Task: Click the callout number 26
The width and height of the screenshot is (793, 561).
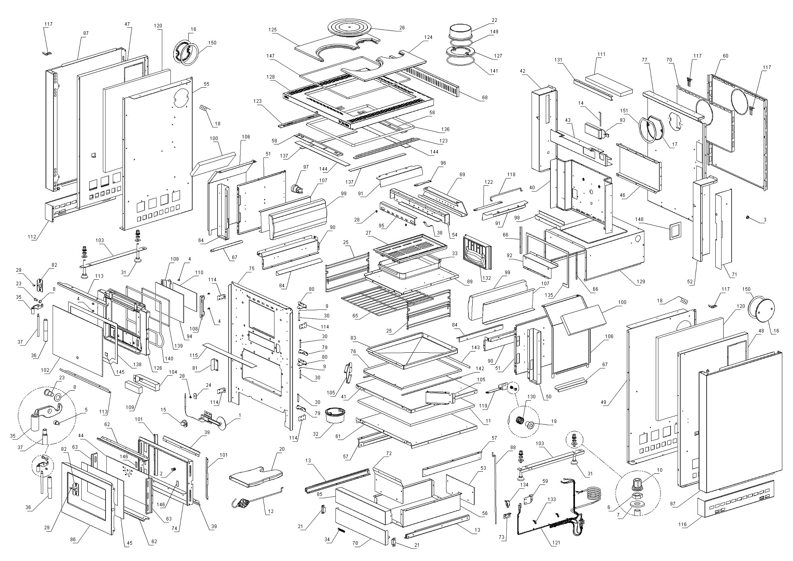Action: pos(402,28)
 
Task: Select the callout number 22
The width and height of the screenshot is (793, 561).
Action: pos(494,20)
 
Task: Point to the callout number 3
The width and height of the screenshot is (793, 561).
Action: pos(765,220)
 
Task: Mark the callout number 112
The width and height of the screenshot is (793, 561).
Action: pos(32,237)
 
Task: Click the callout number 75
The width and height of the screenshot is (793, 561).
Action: pos(251,268)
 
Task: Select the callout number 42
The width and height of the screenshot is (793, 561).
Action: pos(523,71)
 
